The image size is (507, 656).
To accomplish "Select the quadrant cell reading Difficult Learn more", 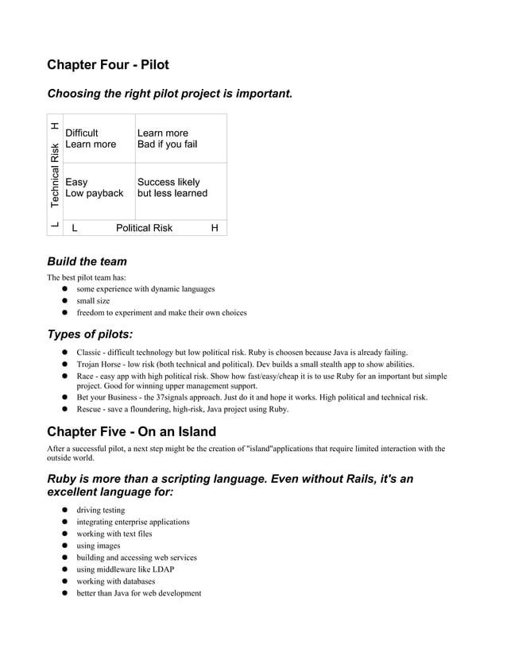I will tap(91, 138).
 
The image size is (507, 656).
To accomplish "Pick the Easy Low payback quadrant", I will tap(94, 187).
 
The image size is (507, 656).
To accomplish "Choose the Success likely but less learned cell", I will tap(172, 187).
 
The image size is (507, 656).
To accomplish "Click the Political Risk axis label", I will tap(144, 228).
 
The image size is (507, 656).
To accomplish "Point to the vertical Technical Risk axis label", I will tap(55, 176).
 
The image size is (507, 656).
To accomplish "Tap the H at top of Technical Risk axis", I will tap(55, 125).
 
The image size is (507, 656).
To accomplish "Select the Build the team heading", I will tap(87, 261).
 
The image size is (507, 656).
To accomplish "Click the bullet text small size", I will tap(93, 301).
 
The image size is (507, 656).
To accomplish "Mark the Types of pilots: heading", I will tap(90, 334).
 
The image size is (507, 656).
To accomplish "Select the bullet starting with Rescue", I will tap(182, 409).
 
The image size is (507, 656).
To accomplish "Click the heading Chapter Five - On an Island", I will tap(131, 432).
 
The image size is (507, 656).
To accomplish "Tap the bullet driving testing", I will tap(100, 510).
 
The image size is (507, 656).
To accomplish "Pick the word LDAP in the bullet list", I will tap(164, 569).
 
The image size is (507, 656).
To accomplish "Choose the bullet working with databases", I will tap(115, 581).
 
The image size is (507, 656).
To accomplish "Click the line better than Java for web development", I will tap(138, 593).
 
